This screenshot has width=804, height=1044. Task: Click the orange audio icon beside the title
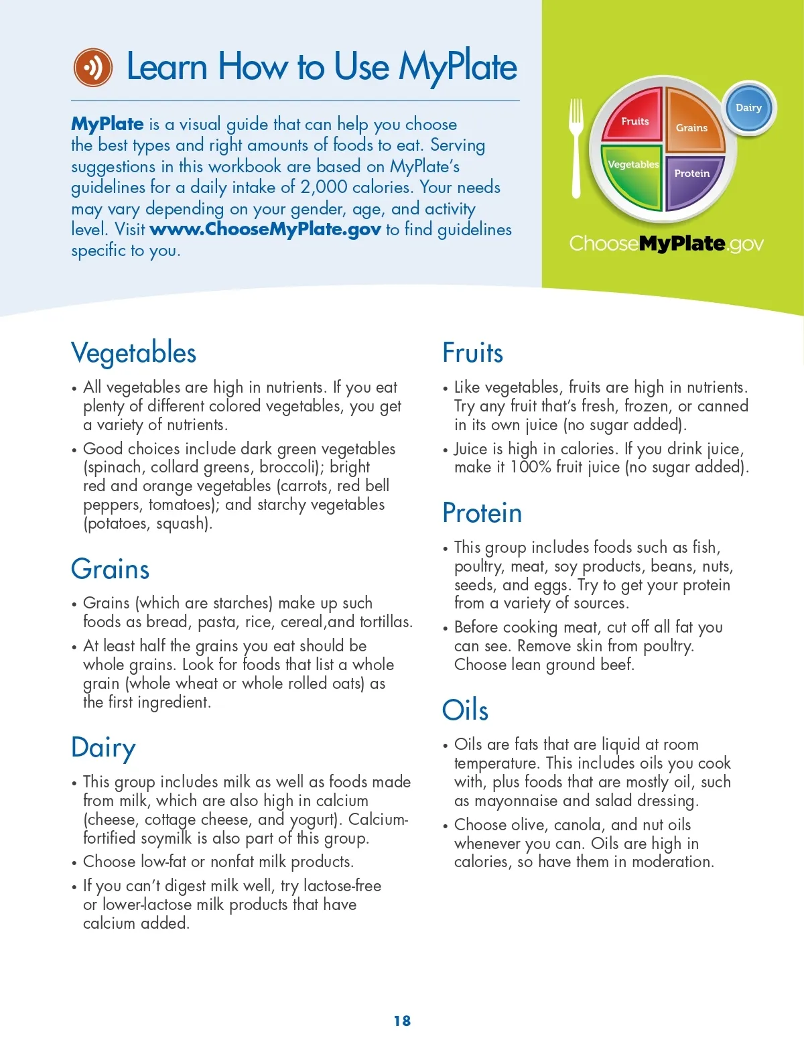pos(93,67)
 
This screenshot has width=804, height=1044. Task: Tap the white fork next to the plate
pos(576,148)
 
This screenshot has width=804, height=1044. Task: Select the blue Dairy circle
pos(749,107)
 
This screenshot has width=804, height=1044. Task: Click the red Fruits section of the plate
pos(633,119)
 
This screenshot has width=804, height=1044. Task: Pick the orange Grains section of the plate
pos(692,124)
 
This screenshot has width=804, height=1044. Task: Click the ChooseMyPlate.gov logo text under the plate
pos(666,243)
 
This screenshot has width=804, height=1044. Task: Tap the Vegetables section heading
pos(134,353)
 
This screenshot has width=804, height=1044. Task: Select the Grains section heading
pos(111,569)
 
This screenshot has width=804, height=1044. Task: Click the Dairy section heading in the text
pos(103,748)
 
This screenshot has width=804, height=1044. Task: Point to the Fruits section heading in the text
pos(472,353)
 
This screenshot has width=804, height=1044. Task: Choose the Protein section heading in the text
pos(482,513)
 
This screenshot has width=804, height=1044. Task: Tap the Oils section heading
pos(465,710)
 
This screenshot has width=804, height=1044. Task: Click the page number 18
pos(402,1021)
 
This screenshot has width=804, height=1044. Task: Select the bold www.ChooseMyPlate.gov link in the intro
pos(265,229)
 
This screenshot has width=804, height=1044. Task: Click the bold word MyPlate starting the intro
pos(107,124)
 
